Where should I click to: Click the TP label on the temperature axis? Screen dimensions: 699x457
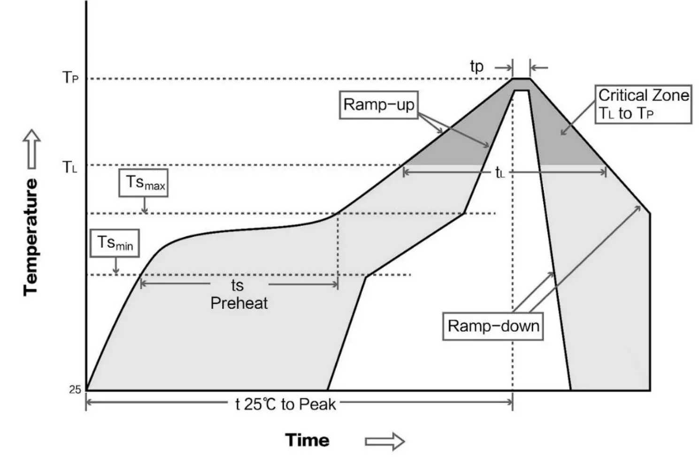pos(70,77)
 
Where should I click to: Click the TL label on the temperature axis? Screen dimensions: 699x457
pos(70,167)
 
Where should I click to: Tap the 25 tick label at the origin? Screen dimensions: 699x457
pos(75,389)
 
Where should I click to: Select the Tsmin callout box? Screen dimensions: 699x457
pos(115,243)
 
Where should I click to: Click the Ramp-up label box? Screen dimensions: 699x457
pos(378,105)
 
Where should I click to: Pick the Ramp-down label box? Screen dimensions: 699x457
pos(493,326)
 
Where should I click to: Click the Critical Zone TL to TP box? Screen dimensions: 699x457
pos(643,104)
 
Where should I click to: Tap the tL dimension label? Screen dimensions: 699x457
pos(500,173)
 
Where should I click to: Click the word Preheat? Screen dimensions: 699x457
pos(239,303)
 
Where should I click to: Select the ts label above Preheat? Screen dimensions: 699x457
pos(237,285)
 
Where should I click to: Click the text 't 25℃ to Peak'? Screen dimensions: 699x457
pos(285,404)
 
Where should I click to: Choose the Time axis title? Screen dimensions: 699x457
pos(307,440)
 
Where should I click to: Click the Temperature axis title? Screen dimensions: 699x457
pos(31,237)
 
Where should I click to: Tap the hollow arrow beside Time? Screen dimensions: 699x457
pos(384,441)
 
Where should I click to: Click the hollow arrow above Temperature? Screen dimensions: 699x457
pos(31,148)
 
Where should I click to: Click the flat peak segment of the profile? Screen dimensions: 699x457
pos(521,79)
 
